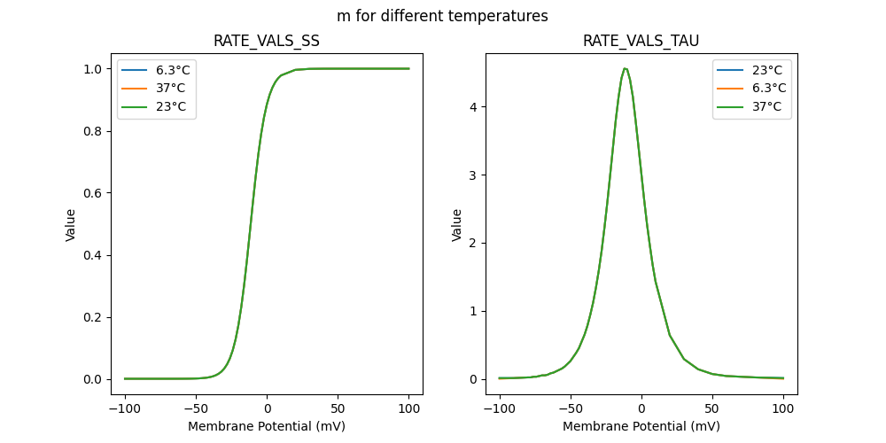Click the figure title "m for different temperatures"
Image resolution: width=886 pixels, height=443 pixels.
point(442,16)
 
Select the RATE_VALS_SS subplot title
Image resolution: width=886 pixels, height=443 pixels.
point(267,42)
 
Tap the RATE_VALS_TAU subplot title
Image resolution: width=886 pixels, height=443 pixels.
point(641,42)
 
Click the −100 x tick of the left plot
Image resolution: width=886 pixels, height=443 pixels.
point(125,408)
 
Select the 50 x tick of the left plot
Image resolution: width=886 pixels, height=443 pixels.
point(338,408)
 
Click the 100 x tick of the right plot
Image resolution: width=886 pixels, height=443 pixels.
point(783,408)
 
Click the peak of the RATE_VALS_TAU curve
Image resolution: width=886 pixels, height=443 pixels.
point(626,69)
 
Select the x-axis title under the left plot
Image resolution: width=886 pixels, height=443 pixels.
point(267,426)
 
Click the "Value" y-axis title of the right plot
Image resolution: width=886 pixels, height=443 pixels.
point(457,224)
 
